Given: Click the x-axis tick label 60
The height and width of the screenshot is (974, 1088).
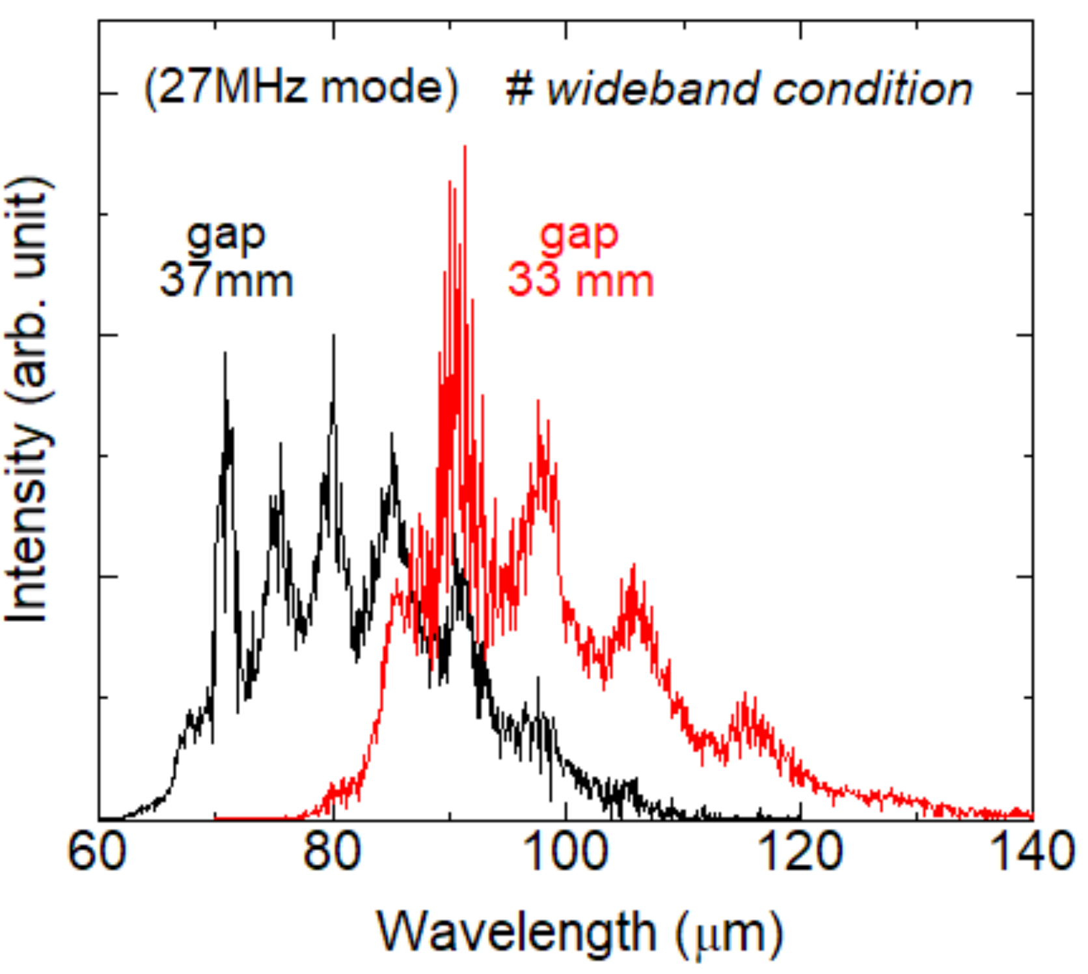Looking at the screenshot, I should click(97, 852).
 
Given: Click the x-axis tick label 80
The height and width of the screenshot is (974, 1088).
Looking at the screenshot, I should click(332, 852).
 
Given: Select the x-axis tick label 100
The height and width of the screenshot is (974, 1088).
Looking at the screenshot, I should click(565, 852).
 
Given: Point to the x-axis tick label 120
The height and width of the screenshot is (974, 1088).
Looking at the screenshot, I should click(800, 852).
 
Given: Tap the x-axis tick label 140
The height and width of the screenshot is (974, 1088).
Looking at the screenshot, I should click(1033, 852).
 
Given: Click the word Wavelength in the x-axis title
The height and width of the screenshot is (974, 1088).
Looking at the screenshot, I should click(517, 932).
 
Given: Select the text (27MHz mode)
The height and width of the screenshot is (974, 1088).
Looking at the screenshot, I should click(301, 88).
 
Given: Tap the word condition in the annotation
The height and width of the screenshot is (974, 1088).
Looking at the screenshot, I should click(873, 89).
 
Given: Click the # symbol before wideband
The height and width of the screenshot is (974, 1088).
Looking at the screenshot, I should click(519, 89).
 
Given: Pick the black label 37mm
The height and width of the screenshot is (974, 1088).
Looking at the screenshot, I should click(226, 280).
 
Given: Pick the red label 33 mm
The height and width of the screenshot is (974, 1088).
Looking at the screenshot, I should click(580, 280).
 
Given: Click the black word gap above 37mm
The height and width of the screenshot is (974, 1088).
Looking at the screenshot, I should click(226, 235).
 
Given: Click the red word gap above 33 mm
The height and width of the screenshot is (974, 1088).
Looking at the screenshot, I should click(579, 235).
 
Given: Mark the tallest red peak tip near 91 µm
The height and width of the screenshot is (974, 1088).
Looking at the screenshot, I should click(465, 147).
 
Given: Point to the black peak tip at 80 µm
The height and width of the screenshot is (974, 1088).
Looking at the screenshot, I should click(334, 336).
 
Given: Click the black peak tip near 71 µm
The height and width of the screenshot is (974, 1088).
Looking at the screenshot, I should click(225, 354).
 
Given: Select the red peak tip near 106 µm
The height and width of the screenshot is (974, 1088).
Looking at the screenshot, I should click(633, 565).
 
